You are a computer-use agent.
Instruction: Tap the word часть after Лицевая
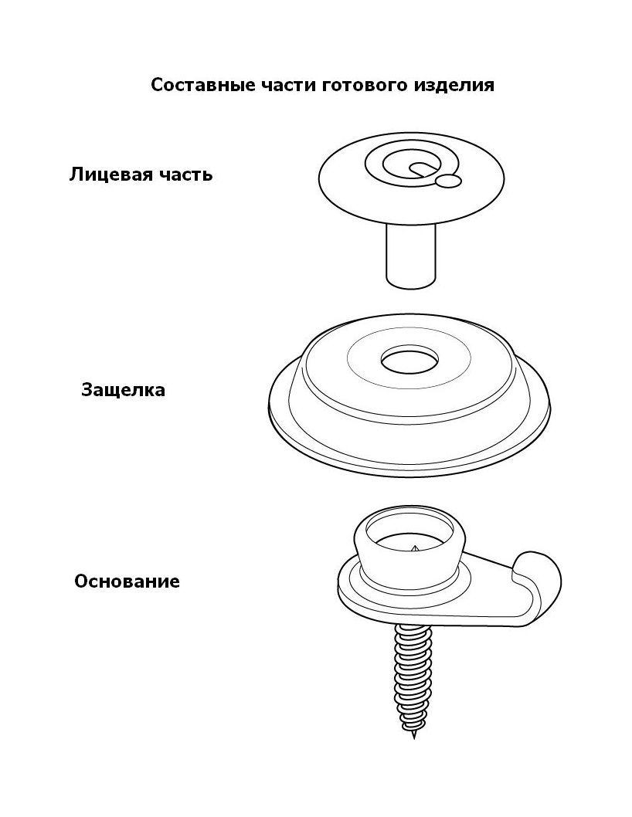185,175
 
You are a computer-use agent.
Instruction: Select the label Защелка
123,390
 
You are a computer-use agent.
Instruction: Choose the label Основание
127,581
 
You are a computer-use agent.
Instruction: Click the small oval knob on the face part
448,181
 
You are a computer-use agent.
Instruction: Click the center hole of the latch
409,359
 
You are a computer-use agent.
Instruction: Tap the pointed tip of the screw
414,734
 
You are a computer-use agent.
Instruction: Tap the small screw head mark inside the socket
414,549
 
